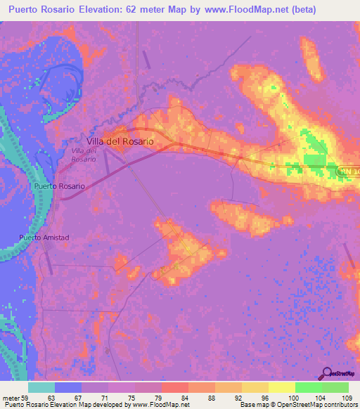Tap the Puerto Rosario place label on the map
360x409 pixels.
click(59, 186)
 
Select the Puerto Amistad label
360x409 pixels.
click(44, 238)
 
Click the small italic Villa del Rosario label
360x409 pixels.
click(84, 155)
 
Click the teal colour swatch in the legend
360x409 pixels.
click(41, 387)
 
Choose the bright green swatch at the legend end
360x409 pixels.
click(335, 387)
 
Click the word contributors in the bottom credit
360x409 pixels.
click(340, 405)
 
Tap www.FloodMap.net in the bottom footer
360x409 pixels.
click(160, 405)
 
